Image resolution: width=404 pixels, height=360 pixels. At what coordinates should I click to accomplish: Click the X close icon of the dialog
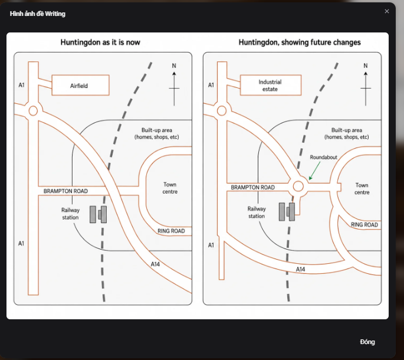[x=386, y=11]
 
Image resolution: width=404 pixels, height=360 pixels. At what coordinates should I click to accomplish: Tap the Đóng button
[x=367, y=342]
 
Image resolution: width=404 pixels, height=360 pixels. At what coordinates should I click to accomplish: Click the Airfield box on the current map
[x=80, y=85]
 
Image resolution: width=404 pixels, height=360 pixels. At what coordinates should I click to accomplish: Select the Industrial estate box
[x=271, y=85]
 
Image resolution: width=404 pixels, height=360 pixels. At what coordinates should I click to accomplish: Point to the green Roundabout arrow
[x=314, y=171]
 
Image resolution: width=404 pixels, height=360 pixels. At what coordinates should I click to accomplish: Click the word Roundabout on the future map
[x=323, y=157]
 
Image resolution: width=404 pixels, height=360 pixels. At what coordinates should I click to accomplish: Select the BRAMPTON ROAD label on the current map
[x=65, y=191]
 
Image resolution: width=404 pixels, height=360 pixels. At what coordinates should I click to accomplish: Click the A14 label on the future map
[x=300, y=269]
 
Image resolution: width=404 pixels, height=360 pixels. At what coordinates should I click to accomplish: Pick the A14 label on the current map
[x=155, y=264]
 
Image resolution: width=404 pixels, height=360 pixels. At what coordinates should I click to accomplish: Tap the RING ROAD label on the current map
[x=171, y=231]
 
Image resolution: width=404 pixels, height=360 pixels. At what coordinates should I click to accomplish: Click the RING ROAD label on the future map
[x=364, y=225]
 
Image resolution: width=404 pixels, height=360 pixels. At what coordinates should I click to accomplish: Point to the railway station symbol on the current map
[x=98, y=214]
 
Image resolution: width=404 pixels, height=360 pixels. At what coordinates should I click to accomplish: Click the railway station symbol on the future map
[x=287, y=212]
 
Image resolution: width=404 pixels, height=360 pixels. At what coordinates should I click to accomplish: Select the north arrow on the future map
[x=366, y=89]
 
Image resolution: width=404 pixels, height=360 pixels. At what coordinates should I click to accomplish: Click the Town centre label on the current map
[x=170, y=188]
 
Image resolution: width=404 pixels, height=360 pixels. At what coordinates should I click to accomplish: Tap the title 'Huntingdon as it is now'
[x=100, y=42]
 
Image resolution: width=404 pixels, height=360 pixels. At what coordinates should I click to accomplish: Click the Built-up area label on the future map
[x=347, y=133]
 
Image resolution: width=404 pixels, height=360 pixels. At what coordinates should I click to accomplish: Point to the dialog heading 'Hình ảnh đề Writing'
[x=38, y=14]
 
